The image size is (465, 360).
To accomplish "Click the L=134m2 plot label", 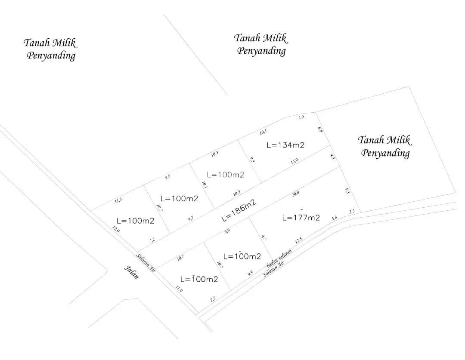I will (285, 145).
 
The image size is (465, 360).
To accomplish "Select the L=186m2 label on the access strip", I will (239, 211).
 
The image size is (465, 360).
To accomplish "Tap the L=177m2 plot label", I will (301, 218).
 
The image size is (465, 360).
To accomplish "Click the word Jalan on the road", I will (132, 273).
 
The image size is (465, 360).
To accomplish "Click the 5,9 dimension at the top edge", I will (301, 117).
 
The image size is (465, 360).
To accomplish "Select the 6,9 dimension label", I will (320, 129).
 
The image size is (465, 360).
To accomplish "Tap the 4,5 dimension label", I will (332, 157).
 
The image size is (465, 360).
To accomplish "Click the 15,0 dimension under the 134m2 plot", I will (294, 161).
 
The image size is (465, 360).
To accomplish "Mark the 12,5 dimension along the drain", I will (298, 240).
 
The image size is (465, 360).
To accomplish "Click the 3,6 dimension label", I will (334, 218).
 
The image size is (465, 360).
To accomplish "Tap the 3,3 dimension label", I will (352, 212).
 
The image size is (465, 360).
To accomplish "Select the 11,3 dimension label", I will (118, 201).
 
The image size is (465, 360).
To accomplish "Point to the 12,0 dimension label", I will (115, 229).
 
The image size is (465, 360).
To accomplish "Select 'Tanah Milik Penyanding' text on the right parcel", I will (385, 146).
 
